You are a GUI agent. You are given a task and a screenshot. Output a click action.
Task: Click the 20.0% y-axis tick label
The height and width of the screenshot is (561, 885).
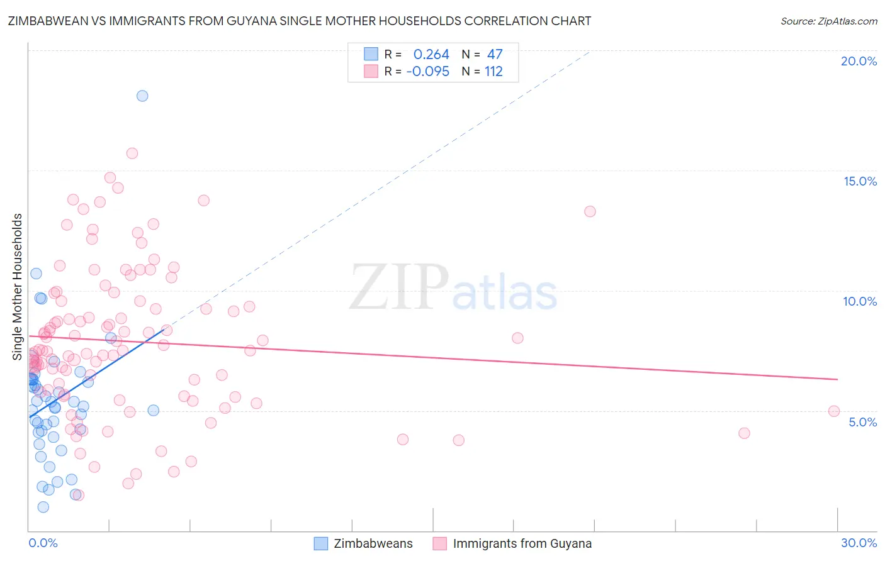[859, 61]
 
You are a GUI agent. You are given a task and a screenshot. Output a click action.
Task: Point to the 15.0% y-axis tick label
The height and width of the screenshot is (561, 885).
[860, 181]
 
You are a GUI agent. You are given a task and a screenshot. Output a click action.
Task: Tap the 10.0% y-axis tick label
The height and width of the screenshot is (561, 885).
[860, 301]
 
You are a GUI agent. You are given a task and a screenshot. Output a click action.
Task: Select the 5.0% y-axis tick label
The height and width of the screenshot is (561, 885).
[862, 422]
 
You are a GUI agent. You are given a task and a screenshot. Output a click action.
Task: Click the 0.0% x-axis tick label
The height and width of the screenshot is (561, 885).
[43, 543]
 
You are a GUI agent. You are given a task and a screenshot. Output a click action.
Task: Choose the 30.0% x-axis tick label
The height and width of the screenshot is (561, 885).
[859, 543]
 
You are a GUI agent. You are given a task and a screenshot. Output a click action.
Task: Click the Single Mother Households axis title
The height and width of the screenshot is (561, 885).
[18, 287]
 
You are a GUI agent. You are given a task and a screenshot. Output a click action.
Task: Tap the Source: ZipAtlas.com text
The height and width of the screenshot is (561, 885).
[828, 21]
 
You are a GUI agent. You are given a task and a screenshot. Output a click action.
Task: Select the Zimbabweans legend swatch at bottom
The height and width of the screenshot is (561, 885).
[321, 543]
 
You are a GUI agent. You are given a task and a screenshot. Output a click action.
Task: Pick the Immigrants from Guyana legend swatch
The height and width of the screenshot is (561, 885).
[440, 543]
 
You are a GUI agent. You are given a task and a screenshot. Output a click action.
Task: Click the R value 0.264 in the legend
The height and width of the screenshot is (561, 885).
[431, 55]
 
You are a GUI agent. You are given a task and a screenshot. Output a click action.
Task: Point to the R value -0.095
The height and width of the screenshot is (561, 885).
[427, 72]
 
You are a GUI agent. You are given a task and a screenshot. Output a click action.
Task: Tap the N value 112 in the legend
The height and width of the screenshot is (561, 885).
[493, 72]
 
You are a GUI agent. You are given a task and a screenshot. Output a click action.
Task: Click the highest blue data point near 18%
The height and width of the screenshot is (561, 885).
[142, 96]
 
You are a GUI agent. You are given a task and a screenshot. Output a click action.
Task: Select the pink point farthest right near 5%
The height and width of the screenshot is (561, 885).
[834, 411]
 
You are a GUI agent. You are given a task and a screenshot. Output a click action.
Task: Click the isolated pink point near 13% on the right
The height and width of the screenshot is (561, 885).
[590, 211]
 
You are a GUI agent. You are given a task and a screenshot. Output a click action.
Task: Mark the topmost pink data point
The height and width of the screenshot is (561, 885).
[132, 153]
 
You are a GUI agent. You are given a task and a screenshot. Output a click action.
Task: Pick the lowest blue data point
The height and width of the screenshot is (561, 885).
[43, 507]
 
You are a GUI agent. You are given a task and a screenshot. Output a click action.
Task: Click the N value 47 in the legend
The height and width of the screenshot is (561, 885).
[495, 55]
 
